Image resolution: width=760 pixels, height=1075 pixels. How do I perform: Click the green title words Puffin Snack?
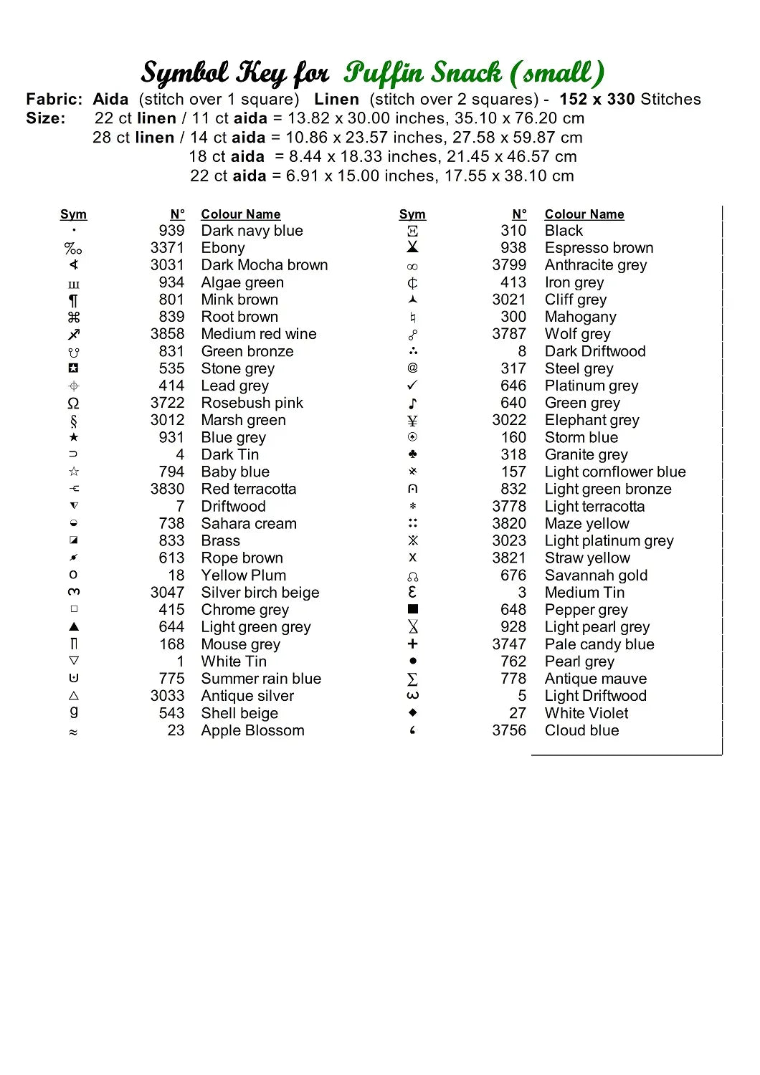[423, 72]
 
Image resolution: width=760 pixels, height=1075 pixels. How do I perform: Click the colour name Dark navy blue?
[252, 231]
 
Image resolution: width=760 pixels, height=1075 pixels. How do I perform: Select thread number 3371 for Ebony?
[167, 248]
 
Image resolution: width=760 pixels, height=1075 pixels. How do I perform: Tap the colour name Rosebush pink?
[252, 403]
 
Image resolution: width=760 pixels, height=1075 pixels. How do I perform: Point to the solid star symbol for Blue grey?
[74, 437]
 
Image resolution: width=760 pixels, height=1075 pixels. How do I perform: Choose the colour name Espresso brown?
[599, 248]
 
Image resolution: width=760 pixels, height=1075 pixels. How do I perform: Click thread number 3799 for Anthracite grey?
[509, 265]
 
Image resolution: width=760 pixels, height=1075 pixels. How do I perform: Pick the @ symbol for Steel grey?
[412, 368]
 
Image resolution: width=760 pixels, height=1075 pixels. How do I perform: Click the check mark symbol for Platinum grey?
[412, 386]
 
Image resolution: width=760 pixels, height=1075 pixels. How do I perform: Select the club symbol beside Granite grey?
[412, 454]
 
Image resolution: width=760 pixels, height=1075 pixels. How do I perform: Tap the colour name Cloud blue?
[581, 730]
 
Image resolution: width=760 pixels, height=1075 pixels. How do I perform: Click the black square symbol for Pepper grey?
[412, 609]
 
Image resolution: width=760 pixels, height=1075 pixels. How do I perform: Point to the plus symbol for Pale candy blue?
[412, 644]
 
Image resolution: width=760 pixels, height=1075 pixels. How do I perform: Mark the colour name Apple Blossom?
[252, 730]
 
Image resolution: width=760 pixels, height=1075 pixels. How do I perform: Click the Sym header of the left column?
[73, 214]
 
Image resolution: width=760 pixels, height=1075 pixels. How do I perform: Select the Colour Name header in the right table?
[584, 214]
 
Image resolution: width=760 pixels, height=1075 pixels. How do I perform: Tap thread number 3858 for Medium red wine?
[167, 334]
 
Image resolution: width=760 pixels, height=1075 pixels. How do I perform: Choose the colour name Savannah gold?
[596, 575]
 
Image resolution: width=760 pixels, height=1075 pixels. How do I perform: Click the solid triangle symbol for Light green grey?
[74, 626]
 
